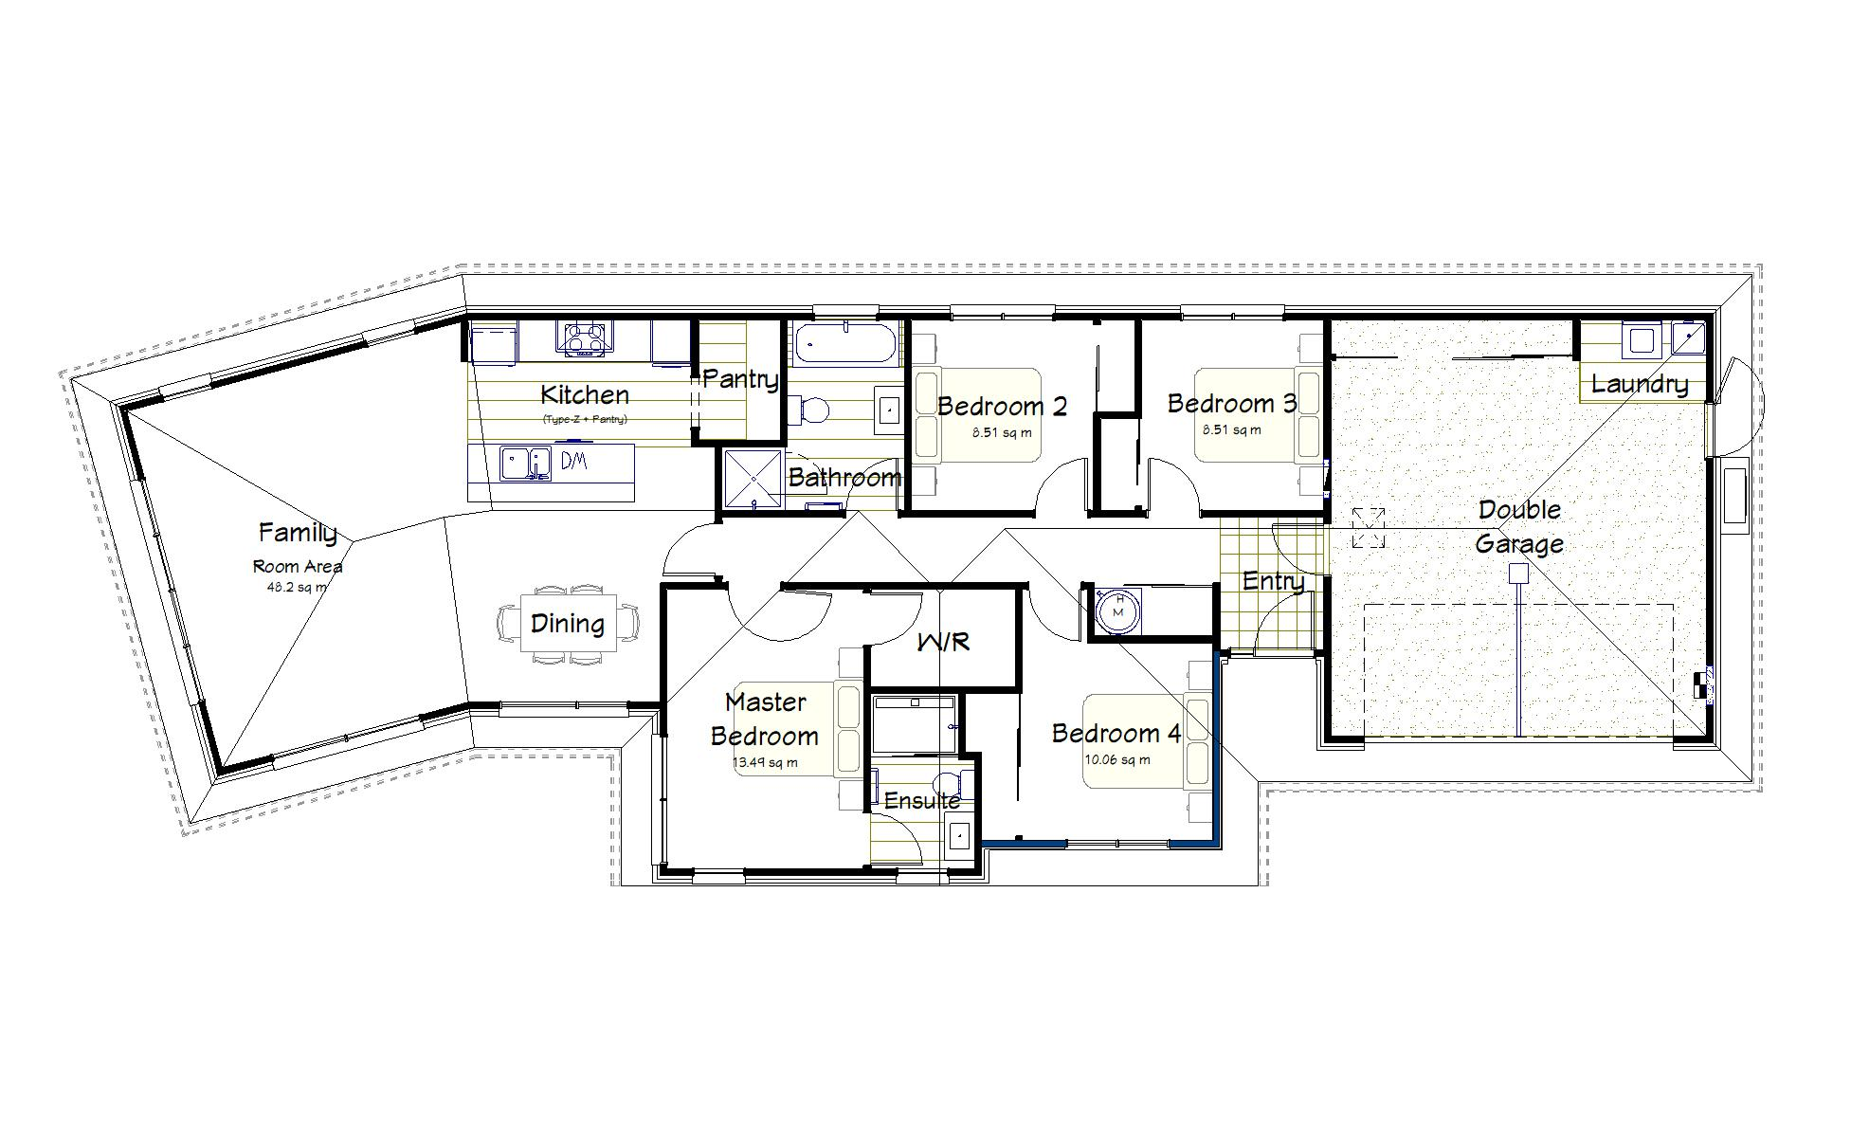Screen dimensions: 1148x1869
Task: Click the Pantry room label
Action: (740, 379)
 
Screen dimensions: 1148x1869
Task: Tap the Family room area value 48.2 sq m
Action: (297, 587)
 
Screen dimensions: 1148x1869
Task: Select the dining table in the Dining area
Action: (568, 624)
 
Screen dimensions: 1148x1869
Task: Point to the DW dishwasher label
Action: (574, 462)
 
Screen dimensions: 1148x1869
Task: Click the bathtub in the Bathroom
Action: (844, 343)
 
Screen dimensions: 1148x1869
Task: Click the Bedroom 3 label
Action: (1231, 404)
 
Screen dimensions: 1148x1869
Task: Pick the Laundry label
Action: (1639, 384)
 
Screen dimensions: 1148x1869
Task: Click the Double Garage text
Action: (1518, 526)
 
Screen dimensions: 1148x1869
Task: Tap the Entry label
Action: (1273, 581)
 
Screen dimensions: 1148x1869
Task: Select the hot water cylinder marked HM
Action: (1118, 607)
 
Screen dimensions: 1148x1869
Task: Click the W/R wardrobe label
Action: (943, 642)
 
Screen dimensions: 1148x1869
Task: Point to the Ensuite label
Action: (921, 801)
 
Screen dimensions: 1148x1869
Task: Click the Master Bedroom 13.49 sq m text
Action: (765, 762)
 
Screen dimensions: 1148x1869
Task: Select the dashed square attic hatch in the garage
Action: (1368, 527)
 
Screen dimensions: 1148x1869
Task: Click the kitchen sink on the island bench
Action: (524, 464)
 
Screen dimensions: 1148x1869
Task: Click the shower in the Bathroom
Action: (753, 480)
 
